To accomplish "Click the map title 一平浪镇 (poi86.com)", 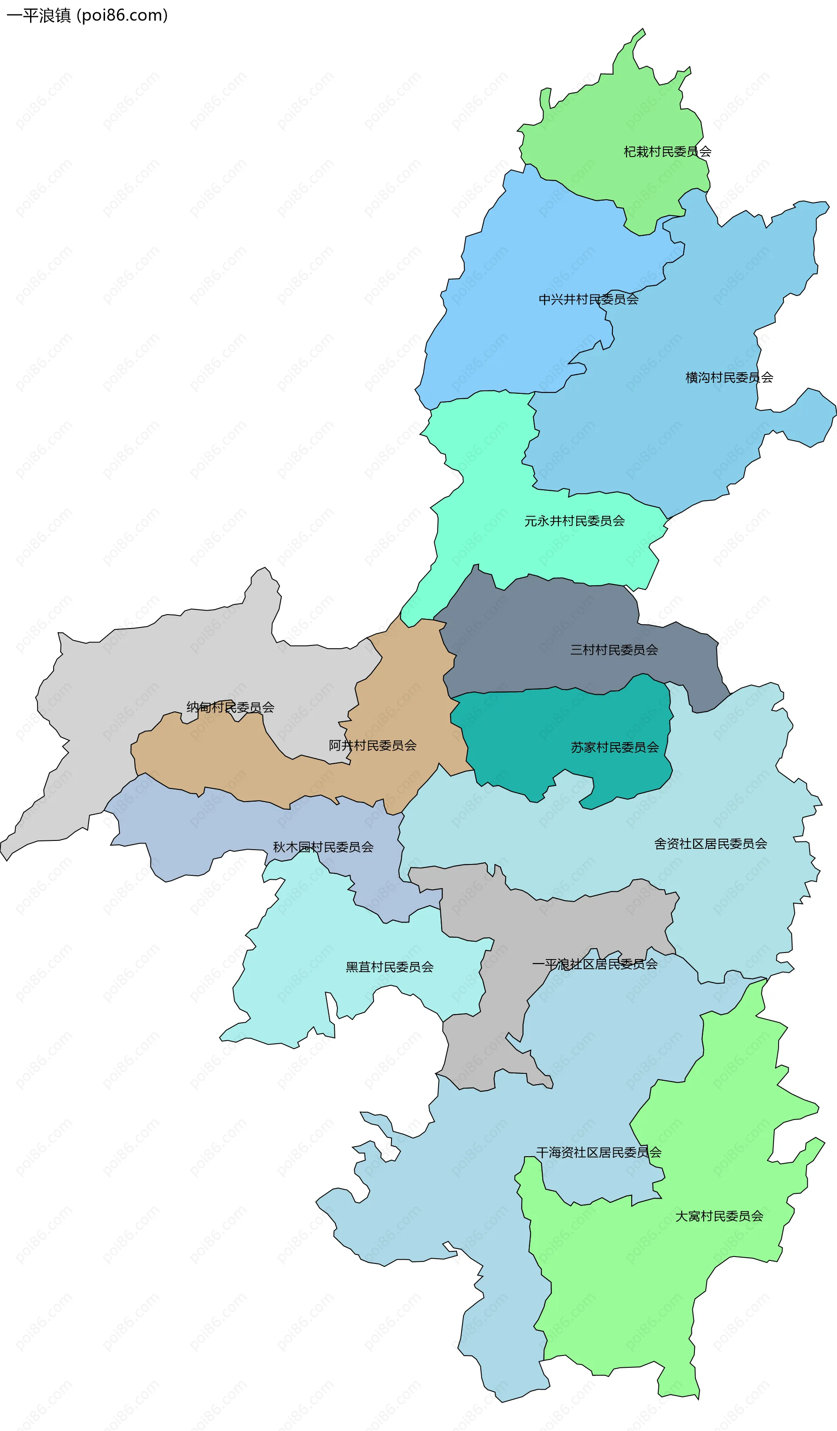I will (87, 15).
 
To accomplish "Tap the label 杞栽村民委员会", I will (667, 152).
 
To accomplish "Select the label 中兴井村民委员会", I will (589, 299).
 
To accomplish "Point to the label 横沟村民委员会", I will (729, 378).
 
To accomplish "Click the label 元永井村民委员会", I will (574, 521).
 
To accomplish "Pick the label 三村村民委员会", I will (614, 649).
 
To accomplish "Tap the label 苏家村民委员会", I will (615, 747).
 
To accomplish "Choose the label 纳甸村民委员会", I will (230, 707).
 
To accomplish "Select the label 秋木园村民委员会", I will (323, 847).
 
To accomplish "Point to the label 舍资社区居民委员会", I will (711, 844).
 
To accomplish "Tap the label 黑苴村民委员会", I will (390, 967).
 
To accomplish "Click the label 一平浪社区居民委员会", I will (595, 963).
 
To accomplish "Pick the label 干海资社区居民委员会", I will (599, 1152).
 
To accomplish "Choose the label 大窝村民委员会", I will (719, 1216).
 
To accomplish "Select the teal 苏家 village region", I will (568, 733).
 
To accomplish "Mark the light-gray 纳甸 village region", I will (170, 659).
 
